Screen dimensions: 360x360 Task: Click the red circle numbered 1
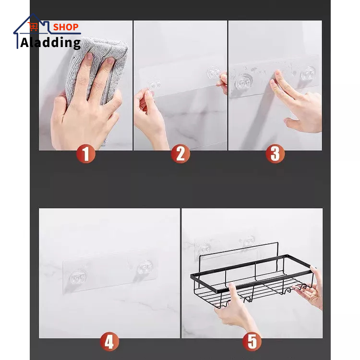point(86,154)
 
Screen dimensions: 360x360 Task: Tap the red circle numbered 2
point(180,154)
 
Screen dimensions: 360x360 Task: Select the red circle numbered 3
point(275,154)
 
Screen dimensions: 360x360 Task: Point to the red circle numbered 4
point(109,342)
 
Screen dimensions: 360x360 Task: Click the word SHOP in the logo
point(66,27)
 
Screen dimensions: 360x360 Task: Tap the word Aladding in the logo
point(50,42)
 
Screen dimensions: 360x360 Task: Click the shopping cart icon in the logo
point(34,27)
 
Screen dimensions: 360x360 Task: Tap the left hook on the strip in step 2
point(154,86)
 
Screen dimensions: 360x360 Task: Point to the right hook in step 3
point(308,73)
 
